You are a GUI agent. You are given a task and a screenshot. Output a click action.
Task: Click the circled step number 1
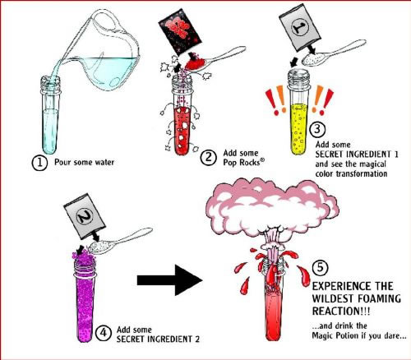point(39,163)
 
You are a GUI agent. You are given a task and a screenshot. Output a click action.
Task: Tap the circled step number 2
point(209,158)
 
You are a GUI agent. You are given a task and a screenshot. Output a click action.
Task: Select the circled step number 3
point(317,129)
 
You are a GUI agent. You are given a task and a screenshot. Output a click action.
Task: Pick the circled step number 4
point(104,333)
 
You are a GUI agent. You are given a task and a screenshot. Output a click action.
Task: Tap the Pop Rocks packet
point(180,31)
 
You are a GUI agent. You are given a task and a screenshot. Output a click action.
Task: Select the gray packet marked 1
point(300,29)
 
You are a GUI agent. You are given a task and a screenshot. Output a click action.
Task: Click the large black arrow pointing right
point(170,280)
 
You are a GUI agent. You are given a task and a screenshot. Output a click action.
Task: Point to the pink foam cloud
point(275,207)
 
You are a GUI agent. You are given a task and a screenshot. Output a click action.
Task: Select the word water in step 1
point(104,162)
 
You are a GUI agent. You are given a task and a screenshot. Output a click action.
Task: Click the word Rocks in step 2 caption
point(249,163)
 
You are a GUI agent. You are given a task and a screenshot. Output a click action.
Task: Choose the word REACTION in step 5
point(335,312)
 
